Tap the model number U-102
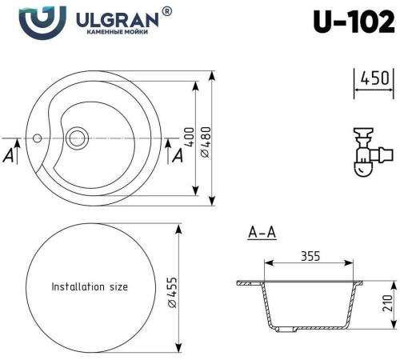point(353,22)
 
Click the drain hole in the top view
point(78,137)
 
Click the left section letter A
point(9,156)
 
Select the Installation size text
point(89,286)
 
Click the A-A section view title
point(262,234)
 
